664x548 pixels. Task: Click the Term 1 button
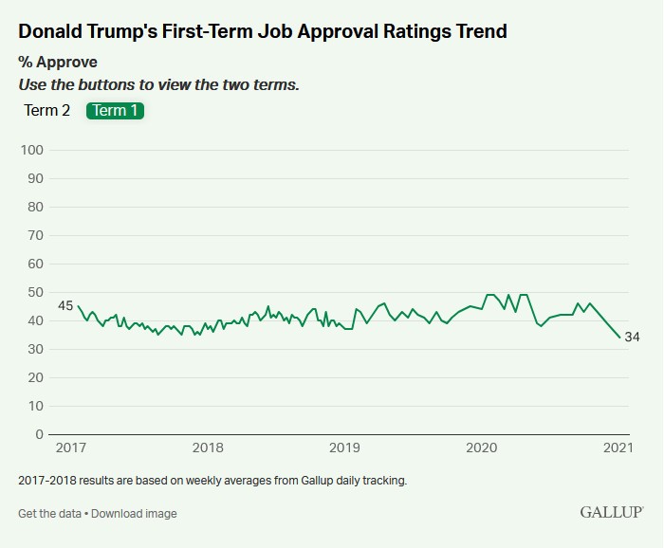[x=115, y=111]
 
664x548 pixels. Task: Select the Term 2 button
[x=47, y=111]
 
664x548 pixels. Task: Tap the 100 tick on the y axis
[x=32, y=150]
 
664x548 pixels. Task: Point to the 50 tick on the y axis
[x=35, y=292]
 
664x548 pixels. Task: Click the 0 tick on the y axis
[x=39, y=434]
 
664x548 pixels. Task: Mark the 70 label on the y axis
[x=35, y=235]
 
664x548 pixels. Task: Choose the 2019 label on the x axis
[x=344, y=448]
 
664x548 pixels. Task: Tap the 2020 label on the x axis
[x=482, y=448]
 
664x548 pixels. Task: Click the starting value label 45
[x=65, y=305]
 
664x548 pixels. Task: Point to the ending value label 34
[x=632, y=338]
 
